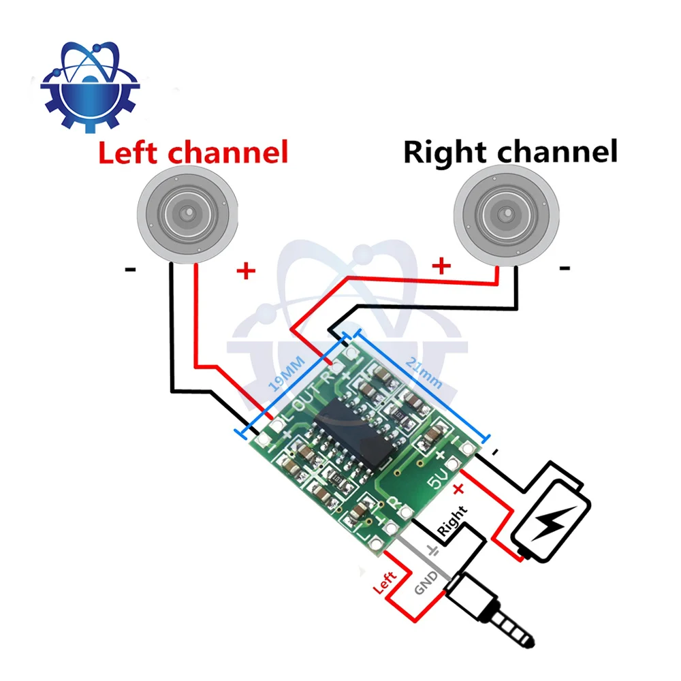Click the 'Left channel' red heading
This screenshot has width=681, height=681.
click(193, 152)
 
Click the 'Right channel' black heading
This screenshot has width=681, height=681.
click(510, 152)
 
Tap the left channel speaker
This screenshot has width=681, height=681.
click(188, 214)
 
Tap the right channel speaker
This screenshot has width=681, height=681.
click(507, 215)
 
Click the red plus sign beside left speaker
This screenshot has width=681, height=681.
click(246, 271)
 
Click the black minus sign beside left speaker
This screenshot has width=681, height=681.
click(130, 270)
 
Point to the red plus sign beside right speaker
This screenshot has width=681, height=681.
click(441, 266)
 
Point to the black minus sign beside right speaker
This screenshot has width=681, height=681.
click(565, 268)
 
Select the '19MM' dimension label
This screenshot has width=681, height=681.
click(287, 374)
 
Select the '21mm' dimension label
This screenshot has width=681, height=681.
click(424, 373)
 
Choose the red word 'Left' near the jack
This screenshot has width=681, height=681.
click(385, 582)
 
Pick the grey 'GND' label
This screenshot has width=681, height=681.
click(426, 582)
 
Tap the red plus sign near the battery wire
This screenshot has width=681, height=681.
click(458, 490)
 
